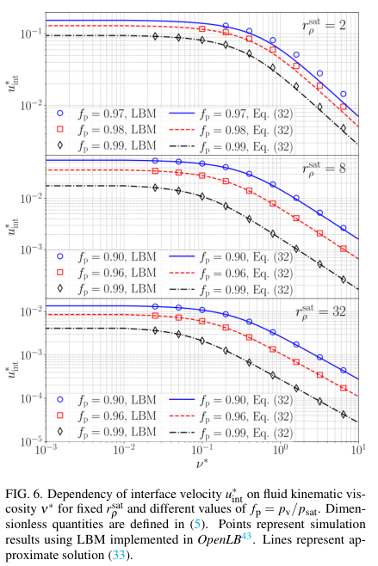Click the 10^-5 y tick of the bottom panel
(x=28, y=441)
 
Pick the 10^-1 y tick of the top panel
(x=28, y=34)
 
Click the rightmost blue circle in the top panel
(x=344, y=94)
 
